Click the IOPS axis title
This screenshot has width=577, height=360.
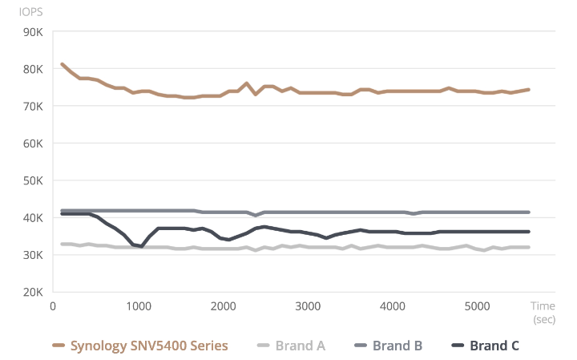(31, 13)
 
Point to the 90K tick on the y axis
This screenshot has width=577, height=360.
(31, 32)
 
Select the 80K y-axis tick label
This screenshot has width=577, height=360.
(31, 69)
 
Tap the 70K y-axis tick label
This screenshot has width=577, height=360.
(31, 106)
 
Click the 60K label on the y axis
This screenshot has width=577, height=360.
(31, 144)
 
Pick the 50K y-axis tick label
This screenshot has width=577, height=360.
(31, 180)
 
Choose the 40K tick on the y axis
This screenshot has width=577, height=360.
(31, 217)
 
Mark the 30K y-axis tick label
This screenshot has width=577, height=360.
(31, 255)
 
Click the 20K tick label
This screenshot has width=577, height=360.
(31, 292)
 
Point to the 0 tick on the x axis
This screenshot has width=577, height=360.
(52, 306)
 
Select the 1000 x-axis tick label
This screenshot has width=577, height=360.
(139, 306)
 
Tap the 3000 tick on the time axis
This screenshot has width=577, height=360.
(309, 306)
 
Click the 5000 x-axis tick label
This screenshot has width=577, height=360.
(478, 306)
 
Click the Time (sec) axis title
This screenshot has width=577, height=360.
(544, 312)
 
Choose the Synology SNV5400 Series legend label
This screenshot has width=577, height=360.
(149, 346)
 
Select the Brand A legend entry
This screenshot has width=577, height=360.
(300, 346)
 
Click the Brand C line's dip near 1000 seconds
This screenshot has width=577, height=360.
(142, 246)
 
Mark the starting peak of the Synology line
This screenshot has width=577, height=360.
(63, 64)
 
